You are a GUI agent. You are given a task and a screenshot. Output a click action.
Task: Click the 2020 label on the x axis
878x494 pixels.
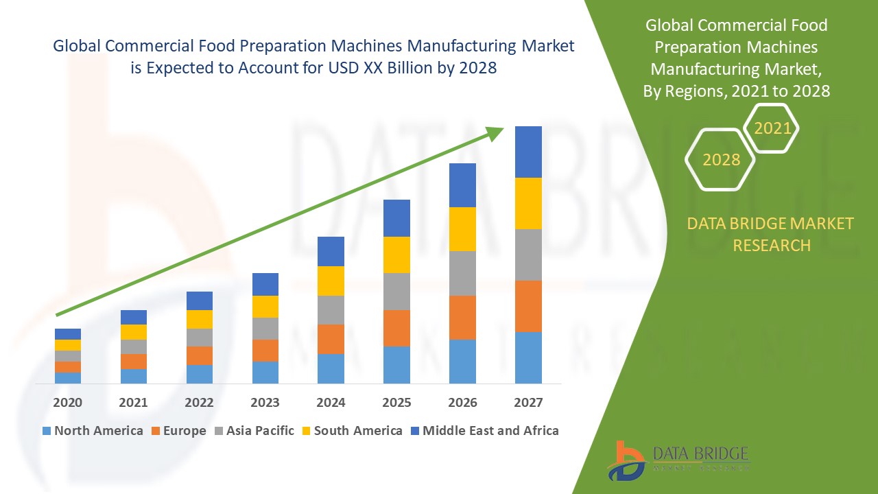(x=67, y=402)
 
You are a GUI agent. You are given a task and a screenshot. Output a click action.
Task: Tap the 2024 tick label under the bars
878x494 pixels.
(x=331, y=402)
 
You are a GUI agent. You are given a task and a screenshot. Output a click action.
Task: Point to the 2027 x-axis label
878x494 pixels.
(x=528, y=402)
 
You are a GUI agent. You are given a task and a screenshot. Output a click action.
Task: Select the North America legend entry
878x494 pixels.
(x=93, y=431)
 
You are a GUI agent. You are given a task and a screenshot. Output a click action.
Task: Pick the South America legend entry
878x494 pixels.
(x=351, y=431)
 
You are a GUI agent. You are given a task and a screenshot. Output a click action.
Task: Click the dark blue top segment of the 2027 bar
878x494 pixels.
(x=528, y=152)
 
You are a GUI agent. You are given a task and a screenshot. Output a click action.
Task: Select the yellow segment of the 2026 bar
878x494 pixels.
(x=462, y=228)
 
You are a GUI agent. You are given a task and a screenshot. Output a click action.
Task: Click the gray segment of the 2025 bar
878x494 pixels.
(x=396, y=292)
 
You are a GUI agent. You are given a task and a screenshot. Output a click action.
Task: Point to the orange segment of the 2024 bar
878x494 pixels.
(x=331, y=339)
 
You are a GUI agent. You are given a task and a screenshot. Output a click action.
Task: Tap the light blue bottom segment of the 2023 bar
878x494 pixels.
(x=265, y=372)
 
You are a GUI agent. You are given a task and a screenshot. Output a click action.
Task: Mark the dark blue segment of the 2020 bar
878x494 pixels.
(x=67, y=334)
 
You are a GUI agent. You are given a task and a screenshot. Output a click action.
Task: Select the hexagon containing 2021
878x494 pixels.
(x=772, y=128)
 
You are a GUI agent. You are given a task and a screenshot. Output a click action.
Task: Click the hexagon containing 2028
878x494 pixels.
(x=720, y=159)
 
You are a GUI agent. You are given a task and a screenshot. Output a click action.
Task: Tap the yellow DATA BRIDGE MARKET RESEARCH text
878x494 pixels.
(x=771, y=234)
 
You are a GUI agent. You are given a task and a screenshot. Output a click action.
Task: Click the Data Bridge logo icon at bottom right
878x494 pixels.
(x=626, y=460)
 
